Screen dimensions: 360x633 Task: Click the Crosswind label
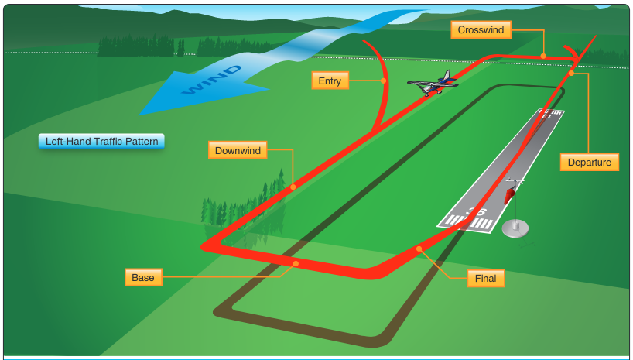(x=481, y=30)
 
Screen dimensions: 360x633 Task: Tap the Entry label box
(x=330, y=81)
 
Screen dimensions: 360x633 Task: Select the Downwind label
(x=238, y=149)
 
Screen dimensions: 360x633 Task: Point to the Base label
(x=142, y=277)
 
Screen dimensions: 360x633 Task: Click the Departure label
(x=590, y=162)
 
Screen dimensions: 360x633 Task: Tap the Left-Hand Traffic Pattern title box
(x=101, y=142)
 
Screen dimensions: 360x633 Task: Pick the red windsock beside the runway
(x=509, y=194)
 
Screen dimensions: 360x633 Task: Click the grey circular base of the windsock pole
(x=516, y=228)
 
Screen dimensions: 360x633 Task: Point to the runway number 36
(x=477, y=211)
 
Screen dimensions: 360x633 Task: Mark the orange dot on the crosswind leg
(x=543, y=56)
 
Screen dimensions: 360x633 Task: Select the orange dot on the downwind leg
(x=293, y=187)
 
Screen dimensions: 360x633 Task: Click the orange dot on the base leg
(x=296, y=264)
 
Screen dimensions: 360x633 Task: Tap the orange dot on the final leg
(x=419, y=249)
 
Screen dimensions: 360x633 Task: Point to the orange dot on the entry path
(x=384, y=81)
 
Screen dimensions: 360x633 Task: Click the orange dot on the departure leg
(x=571, y=74)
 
